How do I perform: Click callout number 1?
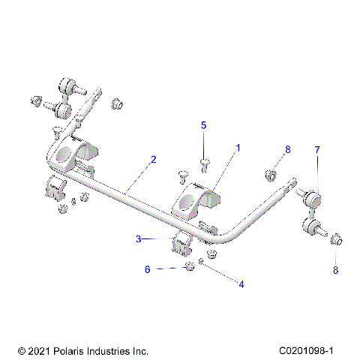[238, 148]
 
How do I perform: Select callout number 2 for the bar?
[153, 159]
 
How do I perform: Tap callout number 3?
[139, 239]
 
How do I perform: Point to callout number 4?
[241, 283]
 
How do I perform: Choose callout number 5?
[202, 126]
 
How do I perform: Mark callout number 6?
[147, 268]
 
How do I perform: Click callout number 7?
[317, 151]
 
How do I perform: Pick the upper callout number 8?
[286, 151]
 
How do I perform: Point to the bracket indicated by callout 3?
[183, 244]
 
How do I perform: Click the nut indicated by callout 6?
[190, 268]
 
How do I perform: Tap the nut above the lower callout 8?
[335, 241]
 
